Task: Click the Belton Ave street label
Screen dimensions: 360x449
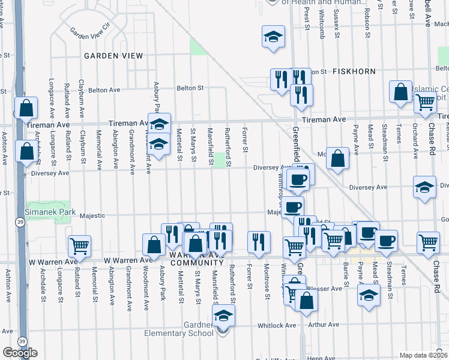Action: tap(104, 90)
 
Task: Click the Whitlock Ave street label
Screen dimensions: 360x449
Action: tap(277, 326)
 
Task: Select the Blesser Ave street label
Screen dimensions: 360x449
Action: tap(325, 288)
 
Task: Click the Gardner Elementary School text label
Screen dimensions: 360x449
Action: tap(181, 329)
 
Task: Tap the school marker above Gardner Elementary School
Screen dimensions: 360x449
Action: tap(223, 316)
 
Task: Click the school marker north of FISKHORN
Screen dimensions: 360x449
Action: tap(273, 37)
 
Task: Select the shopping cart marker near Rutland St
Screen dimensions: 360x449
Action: tap(79, 245)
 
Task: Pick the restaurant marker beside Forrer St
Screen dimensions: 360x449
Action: tap(259, 242)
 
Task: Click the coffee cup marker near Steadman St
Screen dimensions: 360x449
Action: tap(386, 240)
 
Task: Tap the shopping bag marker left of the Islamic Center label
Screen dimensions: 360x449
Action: tap(400, 92)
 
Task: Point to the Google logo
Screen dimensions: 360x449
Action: tap(20, 352)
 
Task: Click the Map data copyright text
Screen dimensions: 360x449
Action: tap(423, 355)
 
